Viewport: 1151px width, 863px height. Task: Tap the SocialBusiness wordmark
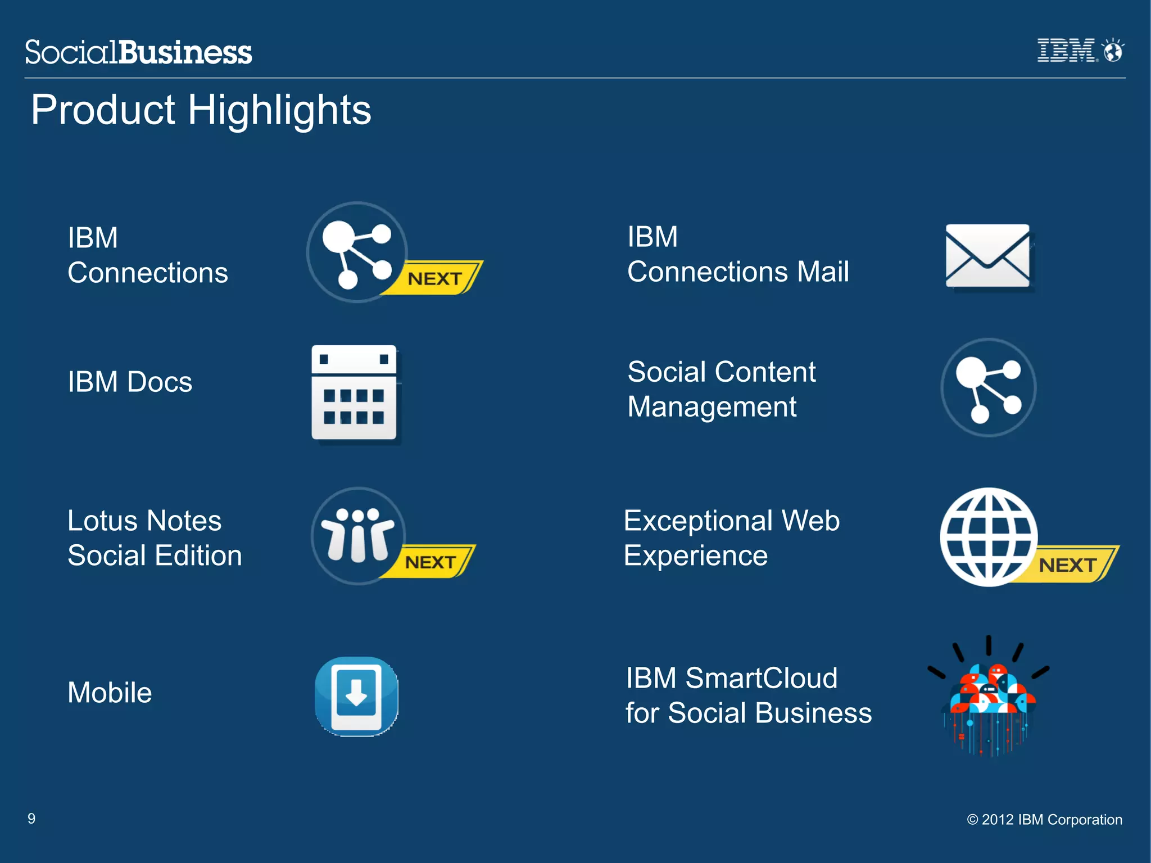[138, 52]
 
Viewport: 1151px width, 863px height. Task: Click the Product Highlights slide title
[201, 110]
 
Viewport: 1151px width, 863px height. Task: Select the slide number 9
[31, 818]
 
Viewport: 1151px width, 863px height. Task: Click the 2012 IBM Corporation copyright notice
[1044, 819]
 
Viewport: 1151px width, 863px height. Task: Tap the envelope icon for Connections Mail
[987, 256]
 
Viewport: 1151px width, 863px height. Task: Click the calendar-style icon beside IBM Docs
[354, 392]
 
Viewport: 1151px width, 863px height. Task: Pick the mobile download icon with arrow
[356, 696]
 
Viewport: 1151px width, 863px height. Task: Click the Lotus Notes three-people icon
[358, 535]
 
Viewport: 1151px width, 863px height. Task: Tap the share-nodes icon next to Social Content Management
[988, 387]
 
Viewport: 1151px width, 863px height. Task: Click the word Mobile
[110, 692]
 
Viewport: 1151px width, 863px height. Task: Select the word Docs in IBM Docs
[160, 382]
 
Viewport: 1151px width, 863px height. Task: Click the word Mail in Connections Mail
[822, 272]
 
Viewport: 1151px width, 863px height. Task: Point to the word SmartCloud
[761, 677]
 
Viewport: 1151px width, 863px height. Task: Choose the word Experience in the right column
[695, 555]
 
